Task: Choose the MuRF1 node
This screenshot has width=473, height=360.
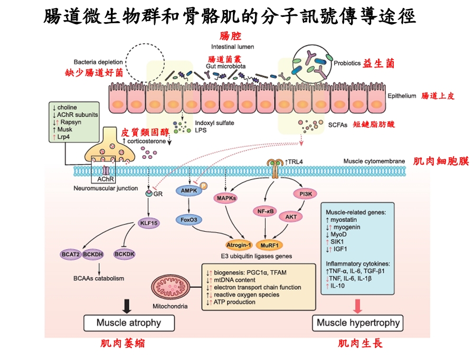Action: (269, 245)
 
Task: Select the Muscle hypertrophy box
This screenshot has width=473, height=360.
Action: (357, 322)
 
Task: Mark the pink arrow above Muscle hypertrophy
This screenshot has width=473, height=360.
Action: (358, 305)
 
